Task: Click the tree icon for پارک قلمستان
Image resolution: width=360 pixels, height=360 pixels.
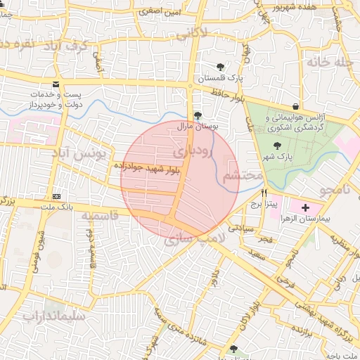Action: (221, 66)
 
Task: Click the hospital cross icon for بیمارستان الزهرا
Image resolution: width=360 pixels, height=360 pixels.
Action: (305, 208)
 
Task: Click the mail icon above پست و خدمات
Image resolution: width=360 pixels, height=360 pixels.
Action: (56, 85)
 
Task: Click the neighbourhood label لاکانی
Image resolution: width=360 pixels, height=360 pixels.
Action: (192, 32)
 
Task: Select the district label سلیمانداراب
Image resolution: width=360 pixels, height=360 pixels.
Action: (53, 316)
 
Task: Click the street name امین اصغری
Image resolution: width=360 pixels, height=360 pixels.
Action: (160, 12)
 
